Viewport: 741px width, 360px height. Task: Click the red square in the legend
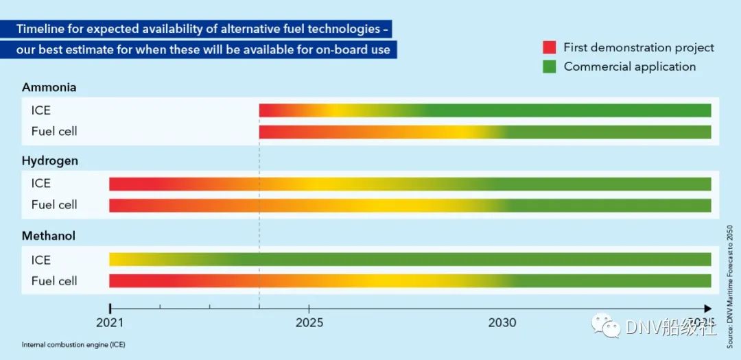(x=549, y=47)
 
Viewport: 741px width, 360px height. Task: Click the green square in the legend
(x=549, y=67)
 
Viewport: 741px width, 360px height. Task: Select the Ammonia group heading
(x=49, y=88)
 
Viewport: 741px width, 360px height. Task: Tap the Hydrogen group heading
(x=50, y=161)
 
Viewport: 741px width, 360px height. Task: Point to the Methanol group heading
(x=49, y=236)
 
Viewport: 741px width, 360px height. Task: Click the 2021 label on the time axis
(x=110, y=322)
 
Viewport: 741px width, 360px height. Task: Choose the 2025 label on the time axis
(x=309, y=322)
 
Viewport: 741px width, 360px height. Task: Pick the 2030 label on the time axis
(x=502, y=322)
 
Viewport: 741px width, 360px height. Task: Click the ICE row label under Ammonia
(x=41, y=110)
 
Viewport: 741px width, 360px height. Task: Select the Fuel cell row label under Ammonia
(x=54, y=132)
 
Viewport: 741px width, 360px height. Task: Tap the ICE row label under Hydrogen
(x=41, y=184)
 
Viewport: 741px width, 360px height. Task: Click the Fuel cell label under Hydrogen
(x=54, y=205)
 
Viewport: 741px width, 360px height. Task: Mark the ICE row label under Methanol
(x=41, y=260)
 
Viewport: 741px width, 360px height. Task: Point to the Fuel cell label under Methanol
(x=54, y=281)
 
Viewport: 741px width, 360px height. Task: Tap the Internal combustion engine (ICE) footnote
(x=73, y=344)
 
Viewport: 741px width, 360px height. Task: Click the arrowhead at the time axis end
(x=707, y=309)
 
